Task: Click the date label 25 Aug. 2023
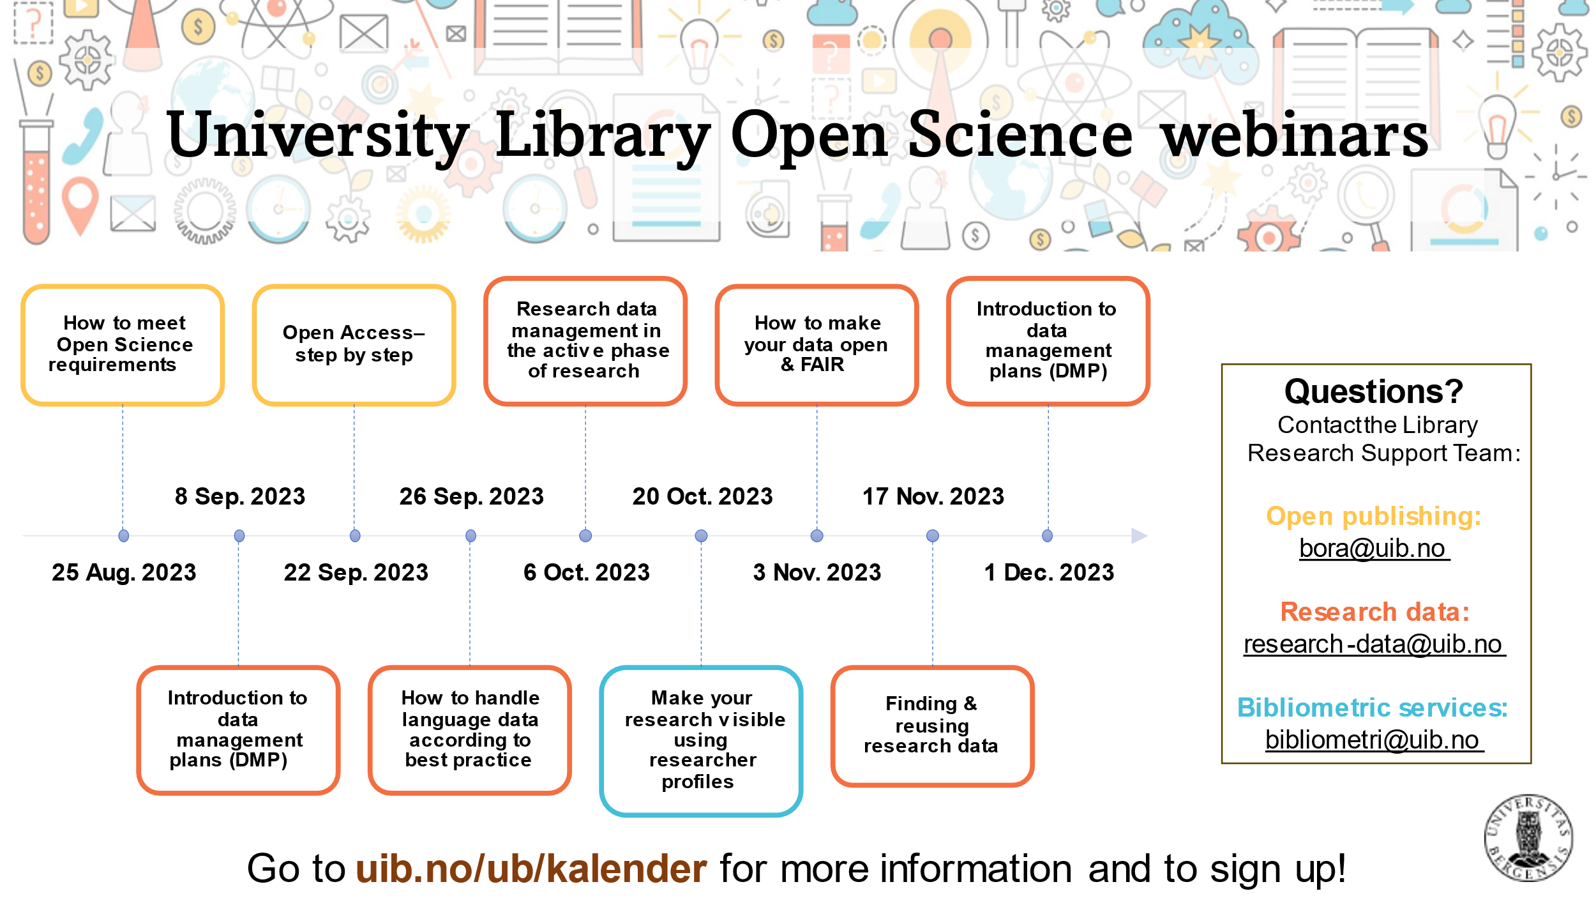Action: pos(124,572)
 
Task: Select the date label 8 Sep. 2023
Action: pos(240,496)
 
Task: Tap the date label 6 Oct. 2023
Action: pos(587,572)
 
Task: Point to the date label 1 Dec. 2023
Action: pos(1049,572)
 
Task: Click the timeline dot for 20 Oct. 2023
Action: pos(701,536)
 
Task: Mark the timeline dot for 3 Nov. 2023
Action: pos(817,536)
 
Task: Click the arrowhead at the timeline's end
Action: pos(1139,536)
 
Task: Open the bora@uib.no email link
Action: pos(1374,549)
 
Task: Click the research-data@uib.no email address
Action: pos(1374,644)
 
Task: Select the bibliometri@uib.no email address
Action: pos(1374,740)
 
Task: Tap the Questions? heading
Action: pos(1374,392)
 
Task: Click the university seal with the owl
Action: pos(1528,837)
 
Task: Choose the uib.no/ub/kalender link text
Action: pos(531,869)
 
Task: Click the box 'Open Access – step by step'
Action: pos(354,345)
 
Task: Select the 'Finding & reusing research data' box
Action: pos(932,726)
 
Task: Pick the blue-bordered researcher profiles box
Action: pos(701,741)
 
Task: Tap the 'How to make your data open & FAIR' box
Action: pos(817,345)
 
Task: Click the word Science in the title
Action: pos(1020,135)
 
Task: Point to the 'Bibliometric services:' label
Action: pos(1373,708)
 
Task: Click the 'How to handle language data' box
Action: pos(470,730)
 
